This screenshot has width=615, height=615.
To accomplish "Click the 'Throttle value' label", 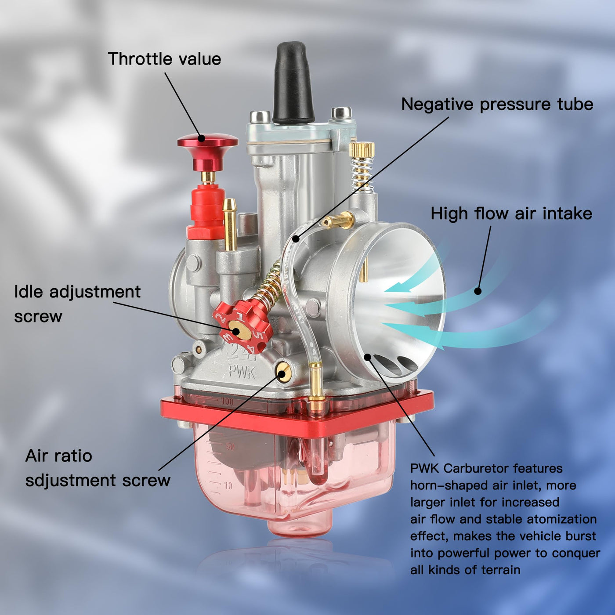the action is coord(164,59).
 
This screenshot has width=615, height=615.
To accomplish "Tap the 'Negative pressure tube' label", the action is coord(497,105).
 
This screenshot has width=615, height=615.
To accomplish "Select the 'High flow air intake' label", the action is coord(511,213).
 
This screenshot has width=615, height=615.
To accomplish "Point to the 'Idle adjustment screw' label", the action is coord(77,304).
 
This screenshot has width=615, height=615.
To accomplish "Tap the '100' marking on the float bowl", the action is coord(227,402).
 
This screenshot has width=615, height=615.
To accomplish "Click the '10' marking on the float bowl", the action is coord(228,486).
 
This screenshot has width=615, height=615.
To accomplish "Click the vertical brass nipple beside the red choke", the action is coord(230,224).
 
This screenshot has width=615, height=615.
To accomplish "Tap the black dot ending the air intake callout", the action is coord(478,291).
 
